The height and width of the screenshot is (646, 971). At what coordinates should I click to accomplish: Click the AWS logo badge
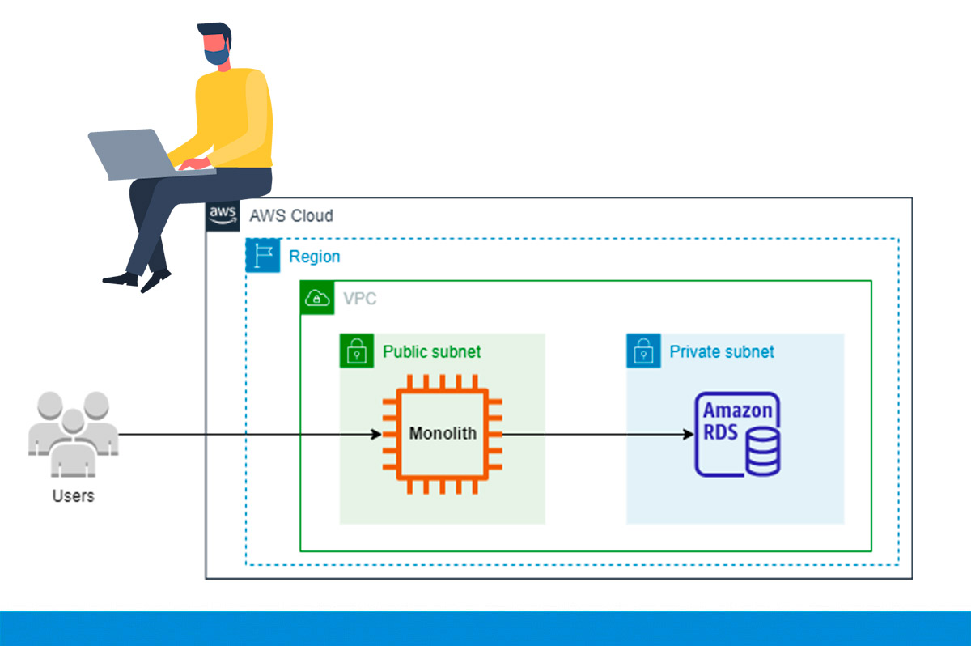pyautogui.click(x=223, y=215)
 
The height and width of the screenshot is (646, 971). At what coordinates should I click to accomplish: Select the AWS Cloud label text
pyautogui.click(x=290, y=216)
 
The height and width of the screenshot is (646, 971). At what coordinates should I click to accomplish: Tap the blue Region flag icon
pyautogui.click(x=263, y=256)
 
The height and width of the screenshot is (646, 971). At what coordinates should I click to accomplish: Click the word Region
pyautogui.click(x=314, y=257)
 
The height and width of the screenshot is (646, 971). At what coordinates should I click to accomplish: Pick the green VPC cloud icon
pyautogui.click(x=317, y=298)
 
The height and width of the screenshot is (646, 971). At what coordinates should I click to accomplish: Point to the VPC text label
pyautogui.click(x=359, y=299)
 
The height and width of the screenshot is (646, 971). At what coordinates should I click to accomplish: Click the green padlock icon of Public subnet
pyautogui.click(x=357, y=351)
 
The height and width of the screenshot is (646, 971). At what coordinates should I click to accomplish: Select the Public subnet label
pyautogui.click(x=431, y=351)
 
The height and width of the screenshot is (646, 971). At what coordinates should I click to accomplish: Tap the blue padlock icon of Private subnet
pyautogui.click(x=643, y=351)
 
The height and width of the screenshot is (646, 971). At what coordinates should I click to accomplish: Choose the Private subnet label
pyautogui.click(x=721, y=351)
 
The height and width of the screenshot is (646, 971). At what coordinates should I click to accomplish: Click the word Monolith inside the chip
pyautogui.click(x=443, y=433)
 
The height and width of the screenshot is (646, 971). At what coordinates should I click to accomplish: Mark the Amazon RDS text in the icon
pyautogui.click(x=736, y=420)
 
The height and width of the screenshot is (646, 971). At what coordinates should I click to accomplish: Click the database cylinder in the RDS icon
pyautogui.click(x=763, y=453)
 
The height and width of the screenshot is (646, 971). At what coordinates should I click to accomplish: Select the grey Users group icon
pyautogui.click(x=73, y=433)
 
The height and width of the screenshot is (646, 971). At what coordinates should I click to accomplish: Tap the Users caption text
pyautogui.click(x=73, y=495)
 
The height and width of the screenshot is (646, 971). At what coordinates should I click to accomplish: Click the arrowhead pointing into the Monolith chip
pyautogui.click(x=375, y=435)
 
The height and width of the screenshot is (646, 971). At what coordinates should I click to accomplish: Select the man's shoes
pyautogui.click(x=138, y=279)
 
